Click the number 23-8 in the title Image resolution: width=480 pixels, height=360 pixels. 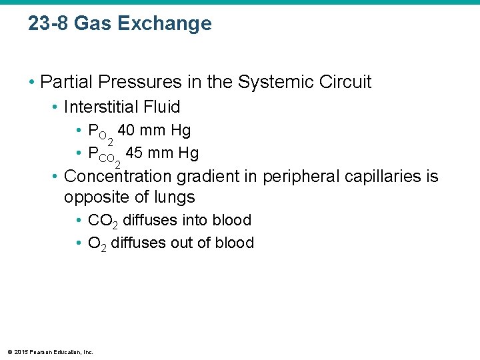pyautogui.click(x=48, y=24)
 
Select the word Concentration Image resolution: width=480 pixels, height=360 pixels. pyautogui.click(x=119, y=177)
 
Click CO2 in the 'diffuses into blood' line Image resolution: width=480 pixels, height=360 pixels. pyautogui.click(x=103, y=221)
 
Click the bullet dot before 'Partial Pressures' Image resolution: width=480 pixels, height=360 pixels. pyautogui.click(x=31, y=83)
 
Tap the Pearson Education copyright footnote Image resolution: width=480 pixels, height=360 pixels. pyautogui.click(x=50, y=351)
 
